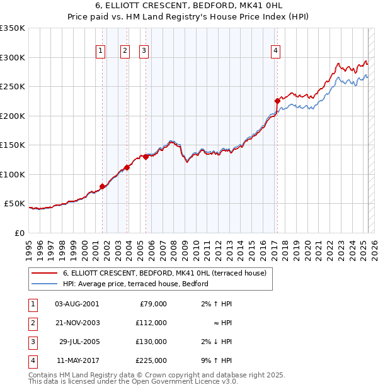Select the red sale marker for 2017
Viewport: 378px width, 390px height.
(277, 101)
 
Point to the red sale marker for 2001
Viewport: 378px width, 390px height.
(102, 186)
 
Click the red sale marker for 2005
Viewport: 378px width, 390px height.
(146, 157)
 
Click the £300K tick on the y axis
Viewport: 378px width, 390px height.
(13, 57)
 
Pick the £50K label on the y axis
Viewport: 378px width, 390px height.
(14, 204)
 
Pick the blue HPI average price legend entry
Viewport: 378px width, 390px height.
(135, 284)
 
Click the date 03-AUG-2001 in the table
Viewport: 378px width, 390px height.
(77, 304)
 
